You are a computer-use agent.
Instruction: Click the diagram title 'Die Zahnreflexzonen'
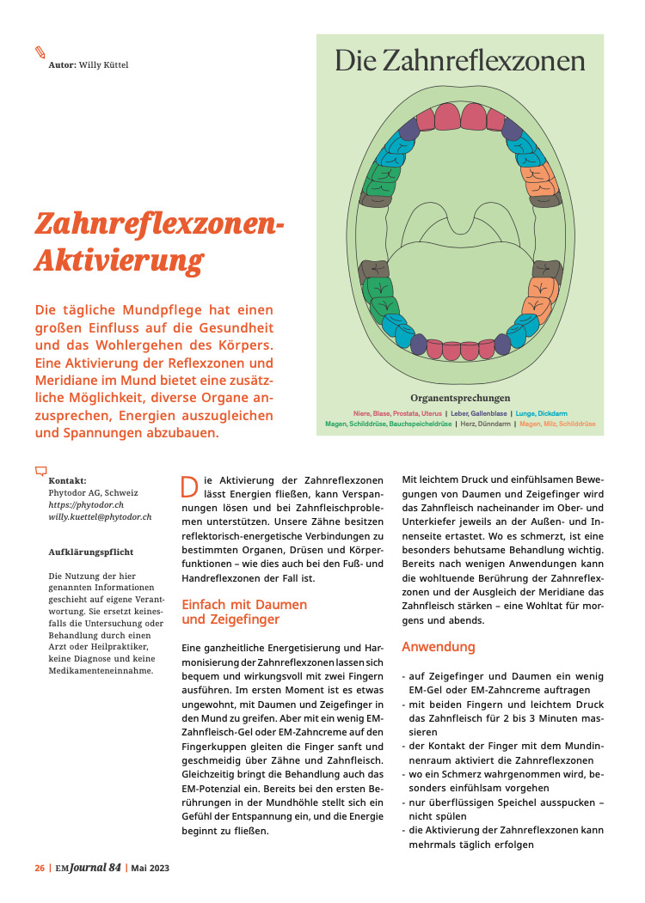(x=460, y=61)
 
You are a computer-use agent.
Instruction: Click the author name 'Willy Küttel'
(x=103, y=64)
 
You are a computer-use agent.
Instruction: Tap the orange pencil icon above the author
(x=40, y=52)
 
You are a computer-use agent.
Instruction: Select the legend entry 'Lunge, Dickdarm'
(x=541, y=413)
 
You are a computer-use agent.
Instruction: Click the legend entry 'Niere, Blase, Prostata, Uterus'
(x=396, y=413)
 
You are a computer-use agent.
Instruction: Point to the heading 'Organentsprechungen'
(x=460, y=398)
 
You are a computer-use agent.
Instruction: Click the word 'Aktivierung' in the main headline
(x=119, y=259)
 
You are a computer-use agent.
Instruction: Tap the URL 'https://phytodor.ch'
(x=87, y=505)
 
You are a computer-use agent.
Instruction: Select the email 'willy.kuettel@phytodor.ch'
(x=100, y=517)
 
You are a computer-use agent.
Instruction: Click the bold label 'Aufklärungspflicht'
(x=91, y=552)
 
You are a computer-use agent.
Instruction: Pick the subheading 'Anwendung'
(x=439, y=646)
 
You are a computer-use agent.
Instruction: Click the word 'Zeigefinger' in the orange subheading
(x=231, y=619)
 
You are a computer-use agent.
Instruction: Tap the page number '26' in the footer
(x=40, y=868)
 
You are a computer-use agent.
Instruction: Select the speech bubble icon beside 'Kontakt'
(x=40, y=471)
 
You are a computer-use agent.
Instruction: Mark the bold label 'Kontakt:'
(x=68, y=481)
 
